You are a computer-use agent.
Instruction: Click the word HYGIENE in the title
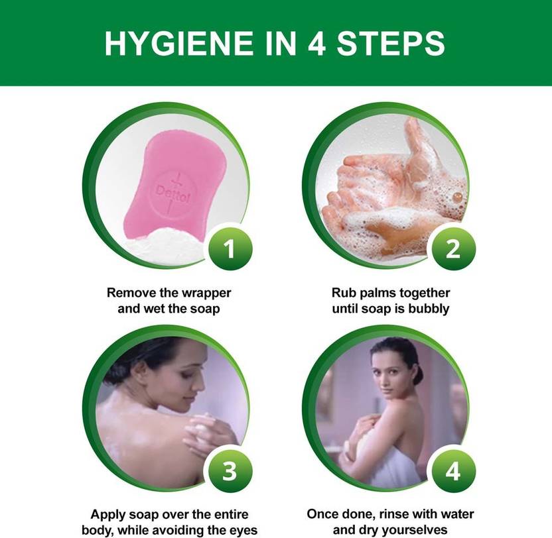[x=179, y=43]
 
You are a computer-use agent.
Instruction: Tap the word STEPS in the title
[x=391, y=43]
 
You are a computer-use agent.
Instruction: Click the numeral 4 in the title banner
[x=316, y=43]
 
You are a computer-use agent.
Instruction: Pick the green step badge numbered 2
[x=453, y=249]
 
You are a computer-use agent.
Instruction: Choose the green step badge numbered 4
[x=453, y=471]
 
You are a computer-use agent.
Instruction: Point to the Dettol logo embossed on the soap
[x=172, y=193]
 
